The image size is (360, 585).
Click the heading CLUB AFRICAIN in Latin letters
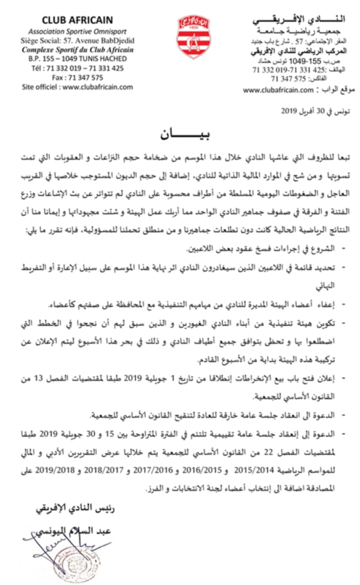(x=77, y=20)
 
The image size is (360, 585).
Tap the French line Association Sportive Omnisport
(x=77, y=32)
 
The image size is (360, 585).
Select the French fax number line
(x=77, y=77)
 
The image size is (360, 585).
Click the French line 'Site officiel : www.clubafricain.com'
(x=77, y=86)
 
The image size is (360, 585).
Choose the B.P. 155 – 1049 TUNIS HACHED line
(x=77, y=59)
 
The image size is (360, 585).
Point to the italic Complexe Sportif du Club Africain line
(x=77, y=50)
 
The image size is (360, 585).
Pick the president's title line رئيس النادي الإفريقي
(x=75, y=511)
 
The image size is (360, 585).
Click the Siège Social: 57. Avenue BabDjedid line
(x=77, y=41)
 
